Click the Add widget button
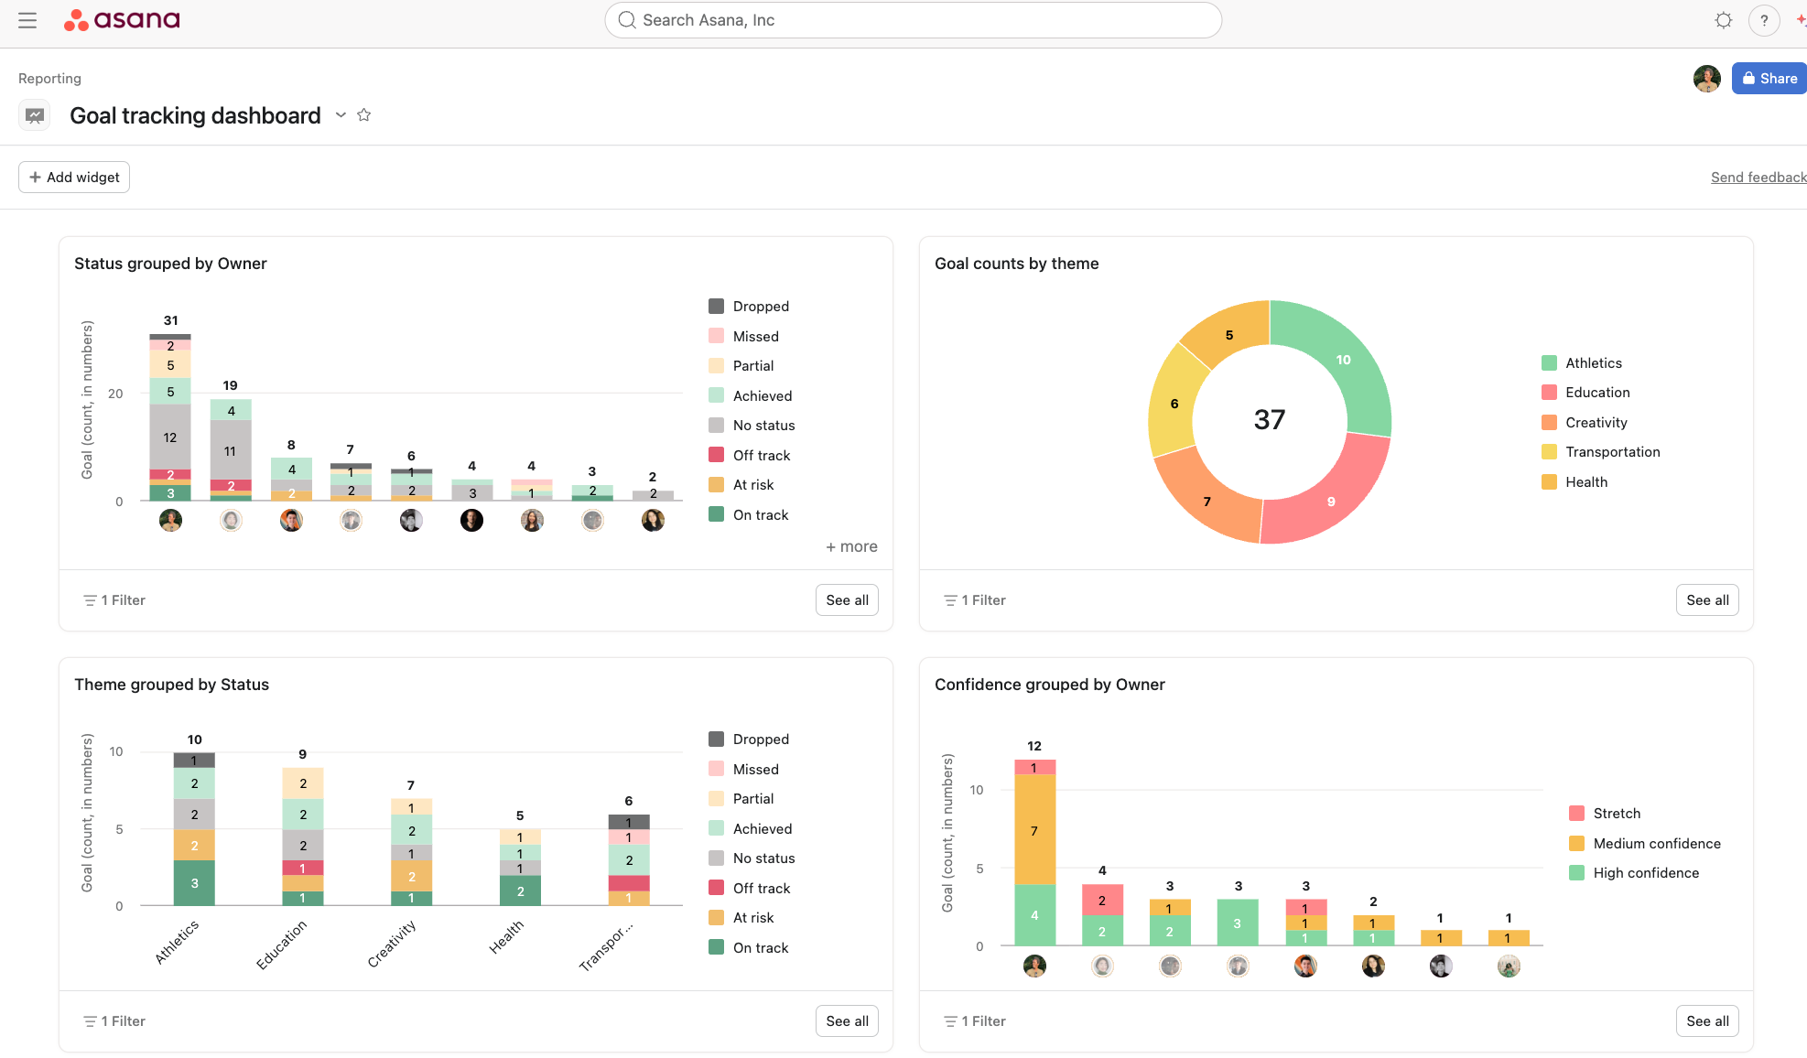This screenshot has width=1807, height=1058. (x=74, y=178)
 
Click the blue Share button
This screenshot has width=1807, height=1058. (x=1769, y=79)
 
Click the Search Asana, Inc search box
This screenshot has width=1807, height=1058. (x=913, y=20)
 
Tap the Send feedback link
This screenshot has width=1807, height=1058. (x=1758, y=178)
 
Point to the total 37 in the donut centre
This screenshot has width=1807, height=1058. (x=1270, y=420)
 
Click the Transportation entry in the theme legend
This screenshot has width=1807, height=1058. (x=1612, y=452)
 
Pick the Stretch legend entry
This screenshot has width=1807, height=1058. (x=1616, y=814)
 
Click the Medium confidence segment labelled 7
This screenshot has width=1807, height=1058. (x=1034, y=830)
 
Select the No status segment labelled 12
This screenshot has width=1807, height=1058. (x=170, y=437)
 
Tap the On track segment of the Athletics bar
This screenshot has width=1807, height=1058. (x=194, y=883)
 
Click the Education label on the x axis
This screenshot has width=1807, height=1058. (x=281, y=945)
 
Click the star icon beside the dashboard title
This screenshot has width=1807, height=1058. (x=364, y=115)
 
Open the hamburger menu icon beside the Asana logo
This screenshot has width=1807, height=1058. (x=27, y=20)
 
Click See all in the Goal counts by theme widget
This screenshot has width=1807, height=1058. (x=1707, y=600)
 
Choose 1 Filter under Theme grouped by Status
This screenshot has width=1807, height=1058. (x=115, y=1021)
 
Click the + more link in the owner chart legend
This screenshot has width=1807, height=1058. (x=851, y=546)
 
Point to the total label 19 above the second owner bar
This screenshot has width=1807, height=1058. (x=230, y=385)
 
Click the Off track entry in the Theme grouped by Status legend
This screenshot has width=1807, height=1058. (x=761, y=889)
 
